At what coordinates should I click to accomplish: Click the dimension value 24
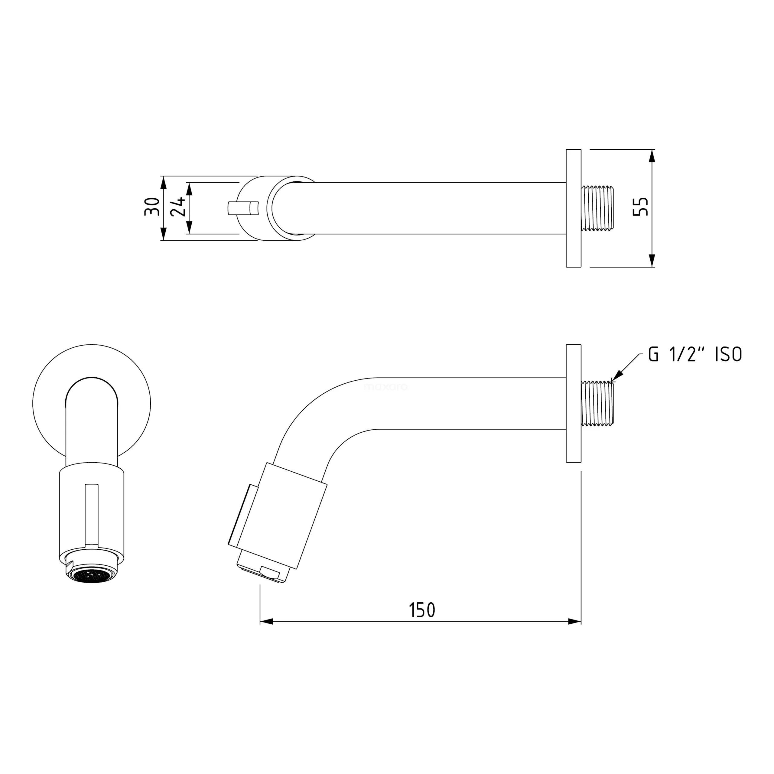point(178,207)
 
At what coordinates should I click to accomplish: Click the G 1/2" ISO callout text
point(695,355)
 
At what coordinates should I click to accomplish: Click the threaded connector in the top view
point(597,208)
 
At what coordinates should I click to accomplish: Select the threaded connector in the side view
point(597,403)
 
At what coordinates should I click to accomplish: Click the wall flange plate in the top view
point(574,208)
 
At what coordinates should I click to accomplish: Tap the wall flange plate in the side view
point(574,403)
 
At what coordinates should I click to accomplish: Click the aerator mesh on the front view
point(92,576)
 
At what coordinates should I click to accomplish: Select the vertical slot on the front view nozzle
point(92,514)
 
